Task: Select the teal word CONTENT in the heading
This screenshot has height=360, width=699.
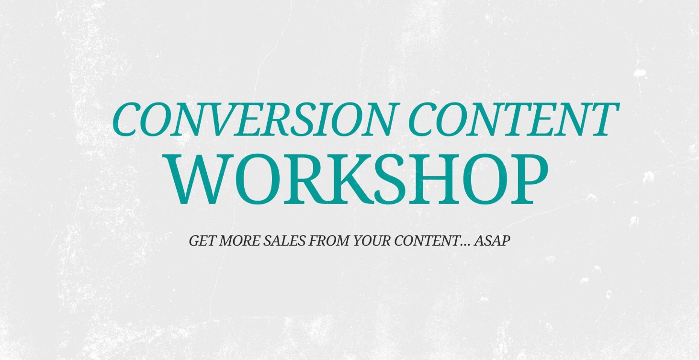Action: [511, 119]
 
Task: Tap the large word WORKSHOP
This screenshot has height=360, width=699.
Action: [362, 179]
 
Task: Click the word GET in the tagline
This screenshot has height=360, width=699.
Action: [202, 241]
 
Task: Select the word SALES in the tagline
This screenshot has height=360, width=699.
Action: [284, 241]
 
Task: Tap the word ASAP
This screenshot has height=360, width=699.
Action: [492, 241]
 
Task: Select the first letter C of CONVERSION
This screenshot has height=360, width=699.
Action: [128, 119]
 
